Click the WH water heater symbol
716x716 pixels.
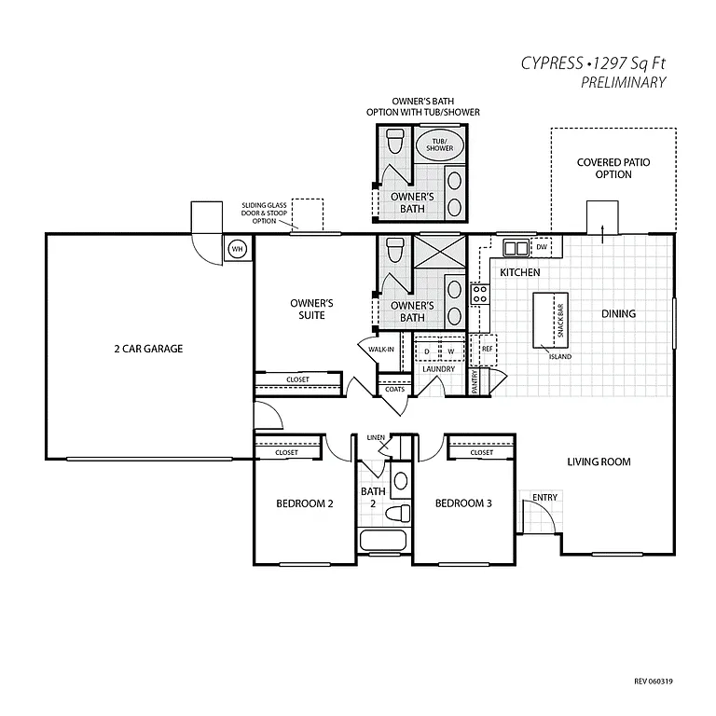coord(237,249)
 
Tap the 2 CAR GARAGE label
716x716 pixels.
coord(148,349)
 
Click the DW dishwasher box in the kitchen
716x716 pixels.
coord(541,247)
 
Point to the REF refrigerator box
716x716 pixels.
coord(486,349)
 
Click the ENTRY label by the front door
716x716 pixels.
coord(545,497)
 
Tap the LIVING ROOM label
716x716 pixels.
coord(599,461)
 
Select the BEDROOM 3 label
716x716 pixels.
coord(463,503)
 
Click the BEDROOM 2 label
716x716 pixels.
coord(304,503)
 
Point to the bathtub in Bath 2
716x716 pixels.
coord(383,542)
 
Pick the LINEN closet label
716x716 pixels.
coord(376,436)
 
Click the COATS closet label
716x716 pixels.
coord(393,389)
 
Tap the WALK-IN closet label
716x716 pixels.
coord(379,350)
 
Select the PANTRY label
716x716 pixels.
coord(475,381)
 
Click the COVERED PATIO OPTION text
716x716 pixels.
coord(613,169)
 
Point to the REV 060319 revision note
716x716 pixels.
coord(653,682)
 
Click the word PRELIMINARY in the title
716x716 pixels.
coord(623,82)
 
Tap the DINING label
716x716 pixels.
coord(618,313)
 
